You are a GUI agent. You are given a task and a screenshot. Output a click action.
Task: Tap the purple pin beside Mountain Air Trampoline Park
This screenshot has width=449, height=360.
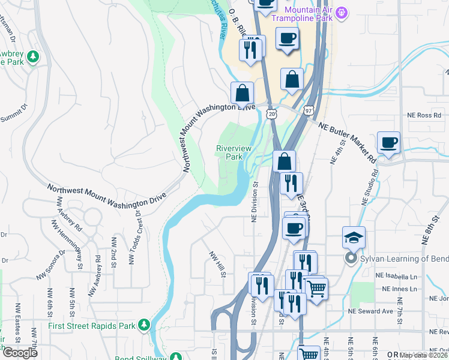pyautogui.click(x=342, y=11)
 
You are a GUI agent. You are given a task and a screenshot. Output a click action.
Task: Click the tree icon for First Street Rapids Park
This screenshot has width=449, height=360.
pyautogui.click(x=144, y=325)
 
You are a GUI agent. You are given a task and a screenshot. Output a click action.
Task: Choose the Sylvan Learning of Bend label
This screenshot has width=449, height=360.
pyautogui.click(x=400, y=259)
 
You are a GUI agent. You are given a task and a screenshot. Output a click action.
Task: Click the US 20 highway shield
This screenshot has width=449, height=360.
pyautogui.click(x=272, y=113)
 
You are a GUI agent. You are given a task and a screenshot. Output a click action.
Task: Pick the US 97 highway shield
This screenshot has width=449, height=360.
pyautogui.click(x=308, y=110)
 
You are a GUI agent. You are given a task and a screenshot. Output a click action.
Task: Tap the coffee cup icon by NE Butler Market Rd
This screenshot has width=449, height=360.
pyautogui.click(x=389, y=144)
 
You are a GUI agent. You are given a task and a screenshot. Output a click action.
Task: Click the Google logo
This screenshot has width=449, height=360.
pyautogui.click(x=20, y=353)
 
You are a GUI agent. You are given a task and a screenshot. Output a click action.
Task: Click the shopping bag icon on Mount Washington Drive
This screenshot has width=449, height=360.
pyautogui.click(x=243, y=94)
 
